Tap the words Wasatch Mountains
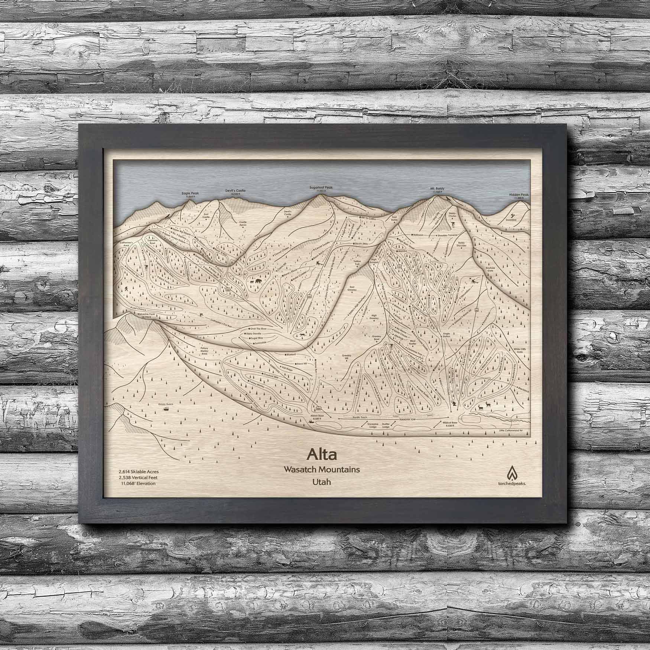pos(322,469)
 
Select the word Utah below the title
pos(322,482)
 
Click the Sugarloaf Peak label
pos(321,188)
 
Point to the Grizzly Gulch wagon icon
pos(164,409)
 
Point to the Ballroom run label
pos(418,235)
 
